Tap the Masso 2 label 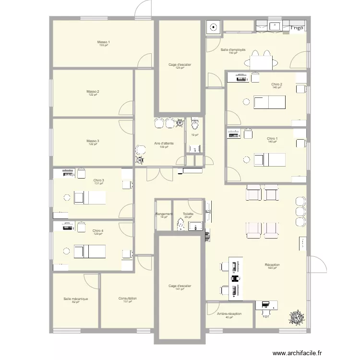(93, 91)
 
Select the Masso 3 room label (93, 141)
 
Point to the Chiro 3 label (99, 180)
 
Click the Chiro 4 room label (98, 230)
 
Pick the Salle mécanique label (75, 299)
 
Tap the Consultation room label (128, 299)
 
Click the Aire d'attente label (164, 144)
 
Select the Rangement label (164, 214)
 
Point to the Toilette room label (188, 214)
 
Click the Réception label (272, 265)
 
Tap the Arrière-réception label (229, 313)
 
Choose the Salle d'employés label (233, 50)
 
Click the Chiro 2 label (276, 84)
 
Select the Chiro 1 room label (273, 139)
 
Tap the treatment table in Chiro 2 (269, 102)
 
